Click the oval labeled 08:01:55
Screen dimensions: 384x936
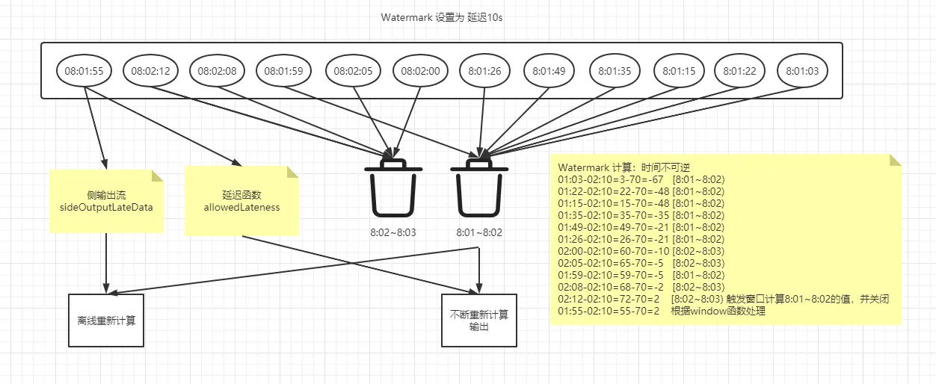pyautogui.click(x=84, y=72)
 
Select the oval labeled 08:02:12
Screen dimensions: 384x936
pyautogui.click(x=151, y=72)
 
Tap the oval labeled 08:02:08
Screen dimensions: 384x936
pyautogui.click(x=218, y=72)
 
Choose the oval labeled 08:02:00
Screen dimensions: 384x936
pyautogui.click(x=420, y=72)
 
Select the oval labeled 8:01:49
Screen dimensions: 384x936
pyautogui.click(x=549, y=72)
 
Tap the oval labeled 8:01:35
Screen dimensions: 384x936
pyautogui.click(x=615, y=72)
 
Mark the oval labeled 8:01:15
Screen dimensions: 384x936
pyautogui.click(x=678, y=72)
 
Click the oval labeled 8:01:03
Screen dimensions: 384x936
pyautogui.click(x=803, y=72)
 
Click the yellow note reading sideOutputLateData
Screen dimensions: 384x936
pyautogui.click(x=106, y=201)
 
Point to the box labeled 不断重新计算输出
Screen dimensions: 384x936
pyautogui.click(x=479, y=320)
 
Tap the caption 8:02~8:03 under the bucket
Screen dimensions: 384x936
pyautogui.click(x=393, y=232)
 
